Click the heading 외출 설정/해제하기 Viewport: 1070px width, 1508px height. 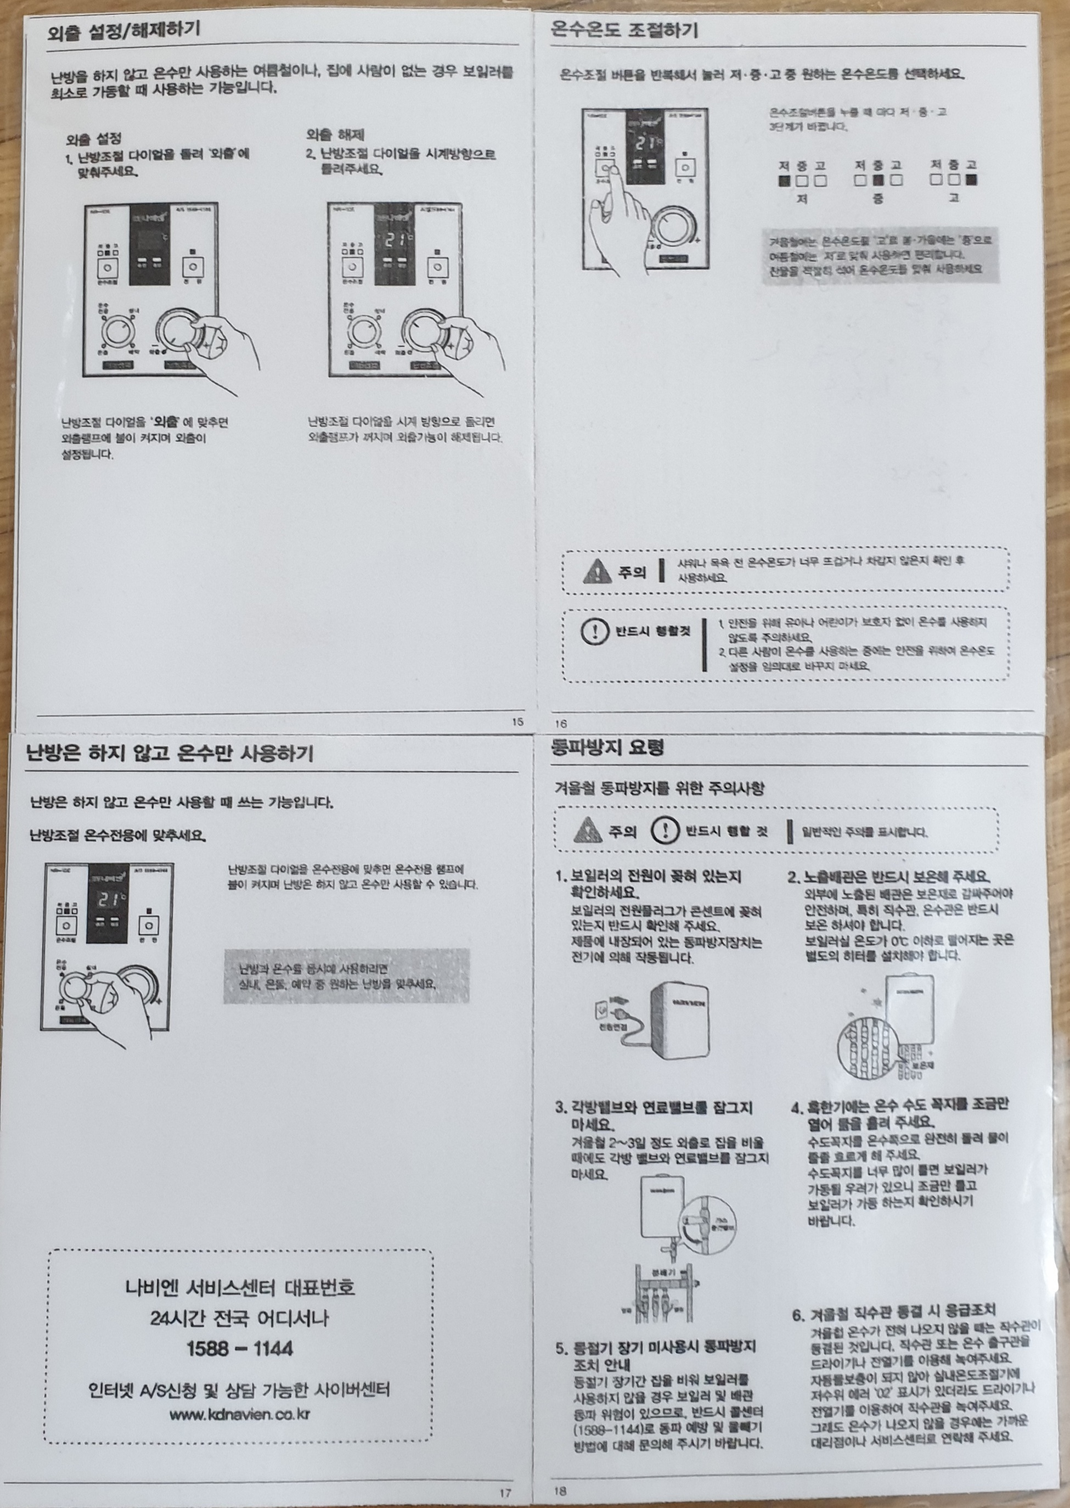[x=123, y=30]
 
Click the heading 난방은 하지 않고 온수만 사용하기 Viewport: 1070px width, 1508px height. [x=170, y=753]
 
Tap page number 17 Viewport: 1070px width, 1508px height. [x=505, y=1493]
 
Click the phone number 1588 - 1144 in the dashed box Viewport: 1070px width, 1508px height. [x=239, y=1348]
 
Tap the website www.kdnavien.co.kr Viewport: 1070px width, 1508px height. [x=239, y=1414]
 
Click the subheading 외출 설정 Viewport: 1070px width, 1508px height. [x=94, y=139]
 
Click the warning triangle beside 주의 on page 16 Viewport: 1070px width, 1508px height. [x=597, y=571]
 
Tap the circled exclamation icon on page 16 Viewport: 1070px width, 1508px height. [x=594, y=632]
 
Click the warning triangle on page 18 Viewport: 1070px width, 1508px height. [x=588, y=831]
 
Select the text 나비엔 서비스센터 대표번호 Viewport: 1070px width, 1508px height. [x=240, y=1287]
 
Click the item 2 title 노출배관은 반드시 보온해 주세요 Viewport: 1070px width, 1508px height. [x=889, y=877]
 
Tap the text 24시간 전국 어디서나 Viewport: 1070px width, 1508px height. [x=239, y=1318]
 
